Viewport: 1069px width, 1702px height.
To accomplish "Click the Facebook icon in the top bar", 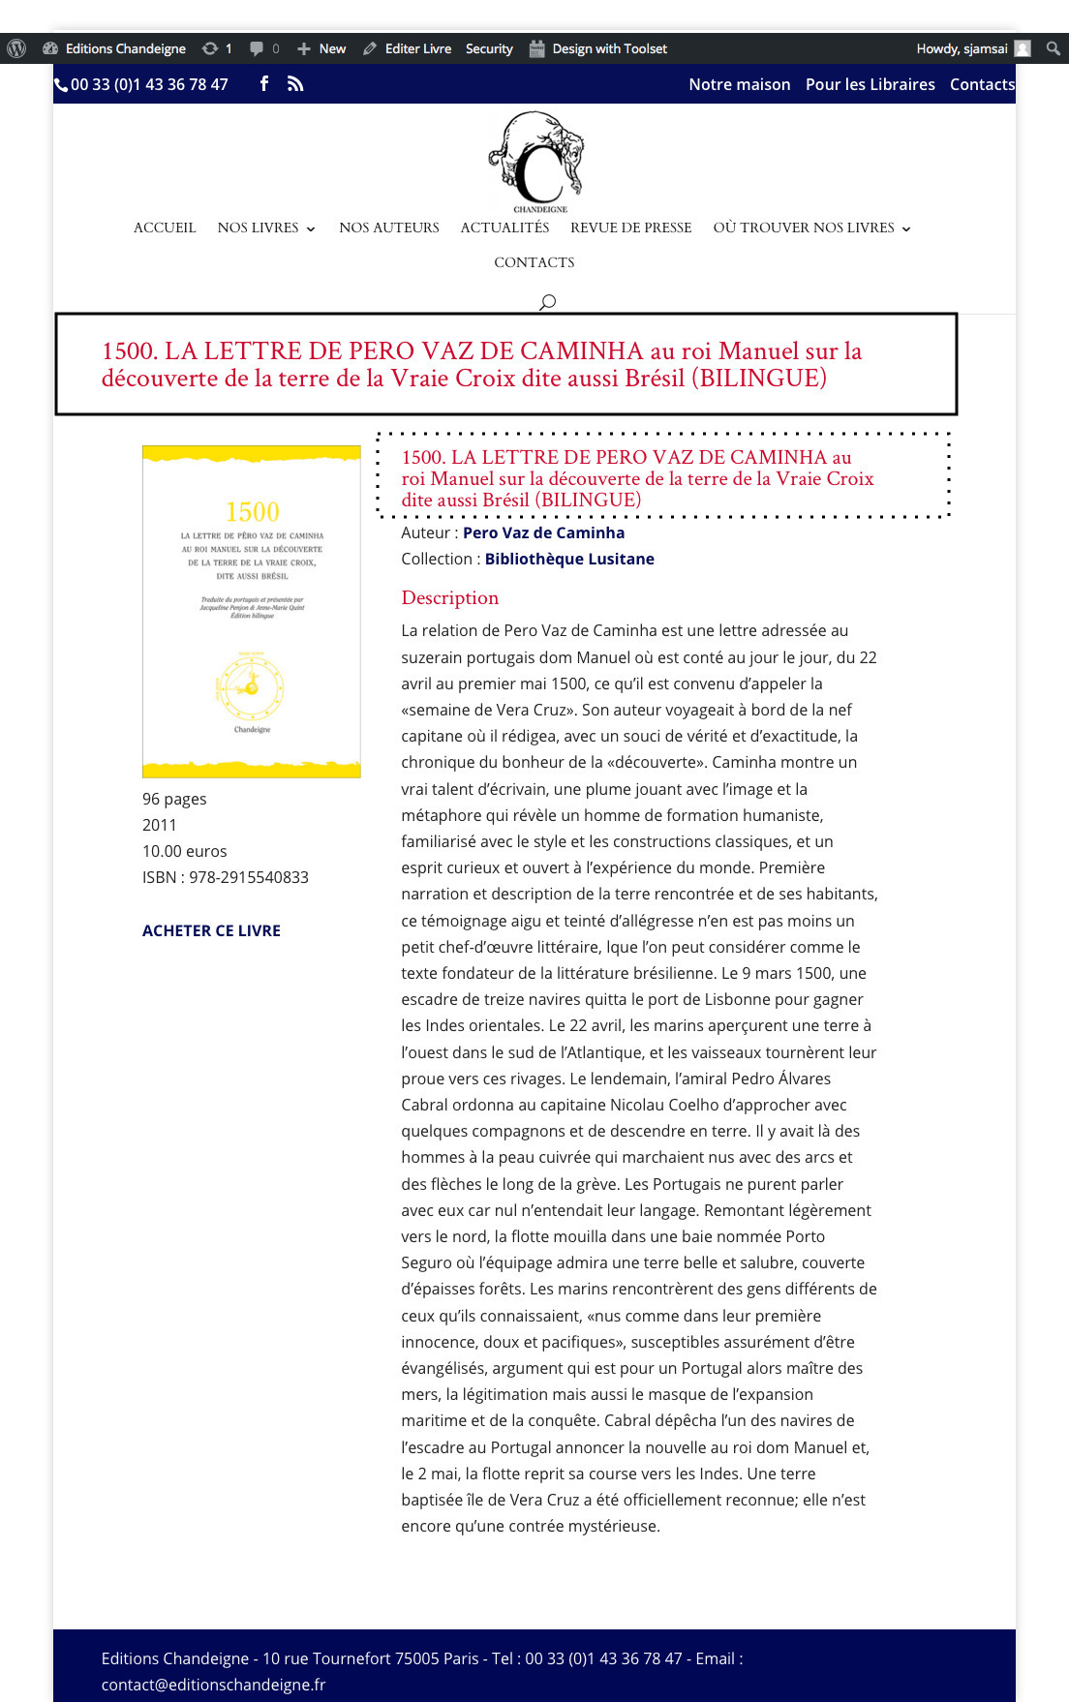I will tap(264, 84).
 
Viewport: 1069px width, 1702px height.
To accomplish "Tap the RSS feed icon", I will tap(295, 84).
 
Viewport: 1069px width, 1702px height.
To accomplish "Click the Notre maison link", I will tap(739, 84).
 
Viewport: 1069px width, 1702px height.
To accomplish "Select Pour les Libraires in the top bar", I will tap(870, 84).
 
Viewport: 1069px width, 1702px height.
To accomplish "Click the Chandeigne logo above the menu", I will tap(538, 161).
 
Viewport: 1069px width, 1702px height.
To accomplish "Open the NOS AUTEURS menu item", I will tap(388, 228).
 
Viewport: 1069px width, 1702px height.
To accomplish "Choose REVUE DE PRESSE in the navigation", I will tap(630, 228).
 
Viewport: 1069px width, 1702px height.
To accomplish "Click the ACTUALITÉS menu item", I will tap(504, 228).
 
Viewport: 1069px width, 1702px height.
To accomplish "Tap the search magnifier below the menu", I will tap(547, 301).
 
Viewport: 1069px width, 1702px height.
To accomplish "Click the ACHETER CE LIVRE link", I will tap(211, 930).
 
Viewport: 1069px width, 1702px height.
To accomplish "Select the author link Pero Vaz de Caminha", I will tap(543, 532).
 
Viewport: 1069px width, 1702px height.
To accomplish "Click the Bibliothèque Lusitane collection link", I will tap(569, 559).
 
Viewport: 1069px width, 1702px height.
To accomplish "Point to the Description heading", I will tap(449, 597).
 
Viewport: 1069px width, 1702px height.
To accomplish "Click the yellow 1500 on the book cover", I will tap(252, 511).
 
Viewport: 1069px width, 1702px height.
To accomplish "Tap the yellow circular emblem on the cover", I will tap(251, 688).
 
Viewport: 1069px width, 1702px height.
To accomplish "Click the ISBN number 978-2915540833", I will tap(249, 877).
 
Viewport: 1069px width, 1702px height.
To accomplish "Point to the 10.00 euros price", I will tap(185, 851).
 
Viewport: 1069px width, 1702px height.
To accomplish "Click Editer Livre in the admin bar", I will tap(417, 48).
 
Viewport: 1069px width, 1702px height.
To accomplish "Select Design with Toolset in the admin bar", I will tap(609, 48).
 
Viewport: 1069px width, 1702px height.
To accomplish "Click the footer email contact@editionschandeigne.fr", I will tap(213, 1685).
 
